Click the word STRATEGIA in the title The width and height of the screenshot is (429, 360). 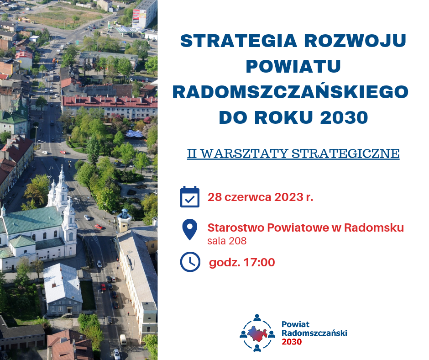[239, 41]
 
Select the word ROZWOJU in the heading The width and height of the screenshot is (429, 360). [355, 41]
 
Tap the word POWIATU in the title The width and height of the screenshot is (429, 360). [293, 66]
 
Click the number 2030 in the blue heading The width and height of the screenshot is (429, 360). [344, 117]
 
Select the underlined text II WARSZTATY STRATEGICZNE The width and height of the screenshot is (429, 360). [293, 154]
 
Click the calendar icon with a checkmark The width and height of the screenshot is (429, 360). [190, 197]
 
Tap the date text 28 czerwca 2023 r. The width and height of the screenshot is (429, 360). [261, 197]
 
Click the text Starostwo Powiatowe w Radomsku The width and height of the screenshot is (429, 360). [306, 228]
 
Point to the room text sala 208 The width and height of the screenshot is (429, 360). [227, 241]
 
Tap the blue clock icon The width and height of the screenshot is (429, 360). [190, 262]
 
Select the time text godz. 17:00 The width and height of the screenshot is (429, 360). [242, 263]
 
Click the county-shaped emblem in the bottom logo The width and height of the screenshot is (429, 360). [257, 334]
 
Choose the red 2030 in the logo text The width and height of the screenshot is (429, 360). [292, 342]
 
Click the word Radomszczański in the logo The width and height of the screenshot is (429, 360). [314, 333]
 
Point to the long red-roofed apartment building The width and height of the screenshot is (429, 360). [110, 106]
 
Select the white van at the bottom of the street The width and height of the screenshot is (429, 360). [123, 340]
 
